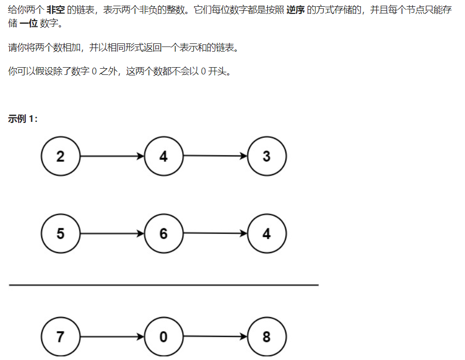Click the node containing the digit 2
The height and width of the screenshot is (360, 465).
click(60, 156)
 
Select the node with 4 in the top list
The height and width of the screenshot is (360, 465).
click(164, 156)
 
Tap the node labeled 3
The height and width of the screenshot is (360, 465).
click(266, 156)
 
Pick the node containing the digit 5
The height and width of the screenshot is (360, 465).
click(60, 233)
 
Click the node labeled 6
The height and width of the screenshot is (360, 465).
click(164, 233)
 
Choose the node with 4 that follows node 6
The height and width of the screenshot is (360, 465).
click(266, 233)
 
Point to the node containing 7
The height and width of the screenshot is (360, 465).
click(60, 337)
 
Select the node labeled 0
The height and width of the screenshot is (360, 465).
click(164, 337)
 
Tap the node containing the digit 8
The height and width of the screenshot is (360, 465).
click(266, 337)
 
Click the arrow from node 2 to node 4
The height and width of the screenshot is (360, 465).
click(112, 156)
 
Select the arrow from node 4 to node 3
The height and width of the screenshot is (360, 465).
click(215, 156)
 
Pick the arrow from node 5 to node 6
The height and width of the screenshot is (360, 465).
click(112, 233)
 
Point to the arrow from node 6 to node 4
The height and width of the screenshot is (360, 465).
click(215, 233)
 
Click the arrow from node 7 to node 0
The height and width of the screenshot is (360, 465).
click(112, 337)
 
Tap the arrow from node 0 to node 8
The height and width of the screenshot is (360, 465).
click(215, 337)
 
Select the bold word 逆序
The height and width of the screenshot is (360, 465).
click(295, 10)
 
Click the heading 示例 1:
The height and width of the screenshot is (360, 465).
click(23, 119)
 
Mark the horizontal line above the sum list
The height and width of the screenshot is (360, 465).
click(164, 285)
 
